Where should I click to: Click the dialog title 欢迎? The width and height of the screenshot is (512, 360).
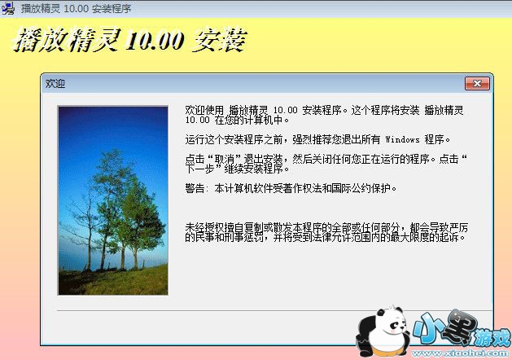(x=56, y=83)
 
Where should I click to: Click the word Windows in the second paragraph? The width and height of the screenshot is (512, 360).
(x=404, y=139)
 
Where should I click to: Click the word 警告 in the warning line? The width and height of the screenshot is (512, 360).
(x=195, y=188)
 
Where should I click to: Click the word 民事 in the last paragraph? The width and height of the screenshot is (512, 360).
(x=195, y=238)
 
